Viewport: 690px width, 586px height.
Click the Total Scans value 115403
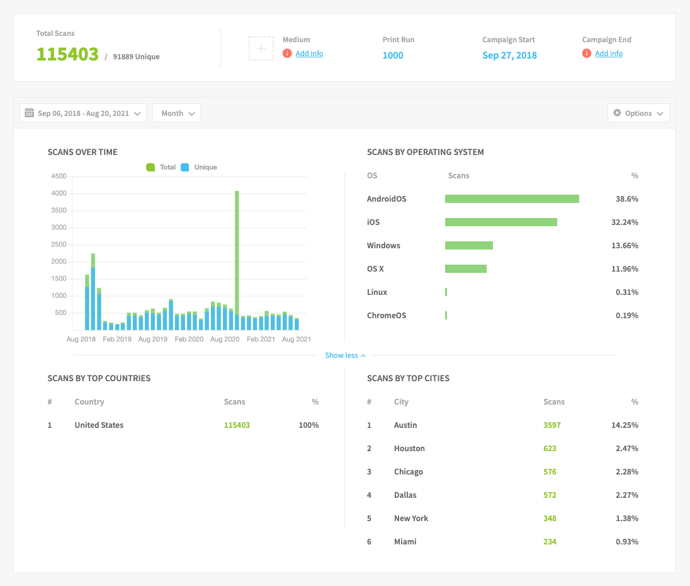67,54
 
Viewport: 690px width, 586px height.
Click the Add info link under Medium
309,54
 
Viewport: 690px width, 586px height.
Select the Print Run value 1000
393,55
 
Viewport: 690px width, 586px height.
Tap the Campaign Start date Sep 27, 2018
509,55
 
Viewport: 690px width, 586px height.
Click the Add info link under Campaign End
609,54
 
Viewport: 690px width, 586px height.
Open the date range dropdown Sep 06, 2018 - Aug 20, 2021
83,113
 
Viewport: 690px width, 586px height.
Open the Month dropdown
176,113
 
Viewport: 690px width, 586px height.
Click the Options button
638,113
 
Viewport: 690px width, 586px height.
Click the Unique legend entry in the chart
200,168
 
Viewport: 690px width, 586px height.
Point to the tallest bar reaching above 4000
237,258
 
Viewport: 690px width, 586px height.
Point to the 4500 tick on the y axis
59,176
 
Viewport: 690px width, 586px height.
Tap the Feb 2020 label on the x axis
189,340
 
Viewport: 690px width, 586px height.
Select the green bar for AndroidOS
512,199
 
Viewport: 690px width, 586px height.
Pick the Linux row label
377,292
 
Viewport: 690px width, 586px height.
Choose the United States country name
99,425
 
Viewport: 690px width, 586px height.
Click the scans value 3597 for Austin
551,425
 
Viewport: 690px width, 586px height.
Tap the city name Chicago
409,472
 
